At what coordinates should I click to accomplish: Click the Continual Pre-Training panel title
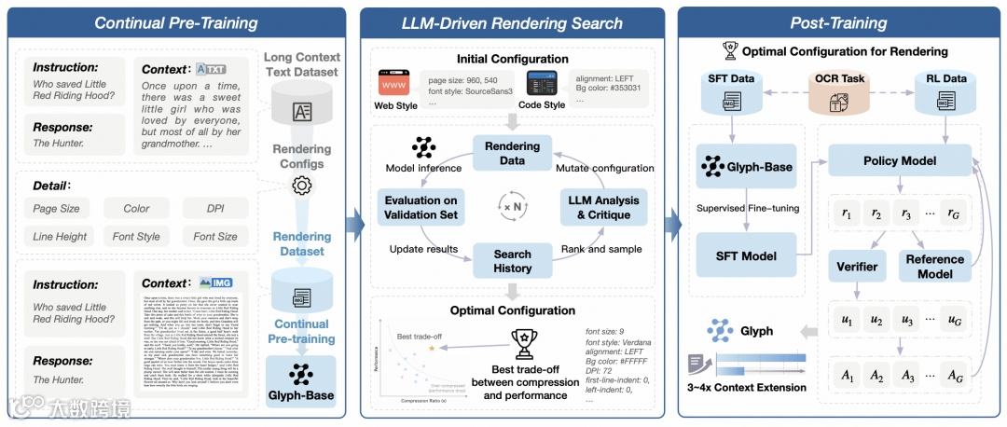click(x=175, y=22)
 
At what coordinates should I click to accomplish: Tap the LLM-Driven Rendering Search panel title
click(x=512, y=22)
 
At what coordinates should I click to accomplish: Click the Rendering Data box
click(x=512, y=153)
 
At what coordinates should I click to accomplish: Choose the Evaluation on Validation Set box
click(x=420, y=207)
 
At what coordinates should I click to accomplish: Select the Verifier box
click(x=856, y=266)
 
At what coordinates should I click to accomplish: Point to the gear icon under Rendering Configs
click(x=300, y=186)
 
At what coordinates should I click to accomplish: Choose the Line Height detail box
click(x=60, y=237)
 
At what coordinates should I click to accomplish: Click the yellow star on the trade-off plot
click(x=432, y=348)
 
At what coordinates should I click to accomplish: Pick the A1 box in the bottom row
click(x=847, y=377)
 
